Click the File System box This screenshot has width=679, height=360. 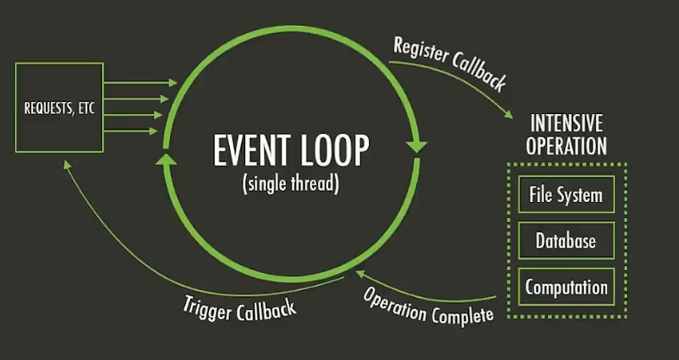click(x=567, y=194)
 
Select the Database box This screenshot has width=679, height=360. click(x=567, y=241)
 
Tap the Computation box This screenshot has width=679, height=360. click(x=567, y=287)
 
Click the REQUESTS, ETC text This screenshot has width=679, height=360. click(x=60, y=108)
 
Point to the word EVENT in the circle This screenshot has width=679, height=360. click(x=248, y=150)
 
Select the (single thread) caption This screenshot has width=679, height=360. click(x=291, y=184)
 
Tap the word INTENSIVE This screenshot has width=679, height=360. click(x=567, y=123)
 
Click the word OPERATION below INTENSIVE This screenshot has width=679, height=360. click(x=567, y=146)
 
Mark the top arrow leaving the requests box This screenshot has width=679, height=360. click(x=141, y=83)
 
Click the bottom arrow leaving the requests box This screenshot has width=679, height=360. click(x=130, y=130)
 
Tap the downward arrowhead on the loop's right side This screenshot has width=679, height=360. click(x=417, y=145)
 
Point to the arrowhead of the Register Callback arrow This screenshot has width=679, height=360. click(x=508, y=115)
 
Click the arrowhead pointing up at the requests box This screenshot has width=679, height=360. click(x=67, y=165)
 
